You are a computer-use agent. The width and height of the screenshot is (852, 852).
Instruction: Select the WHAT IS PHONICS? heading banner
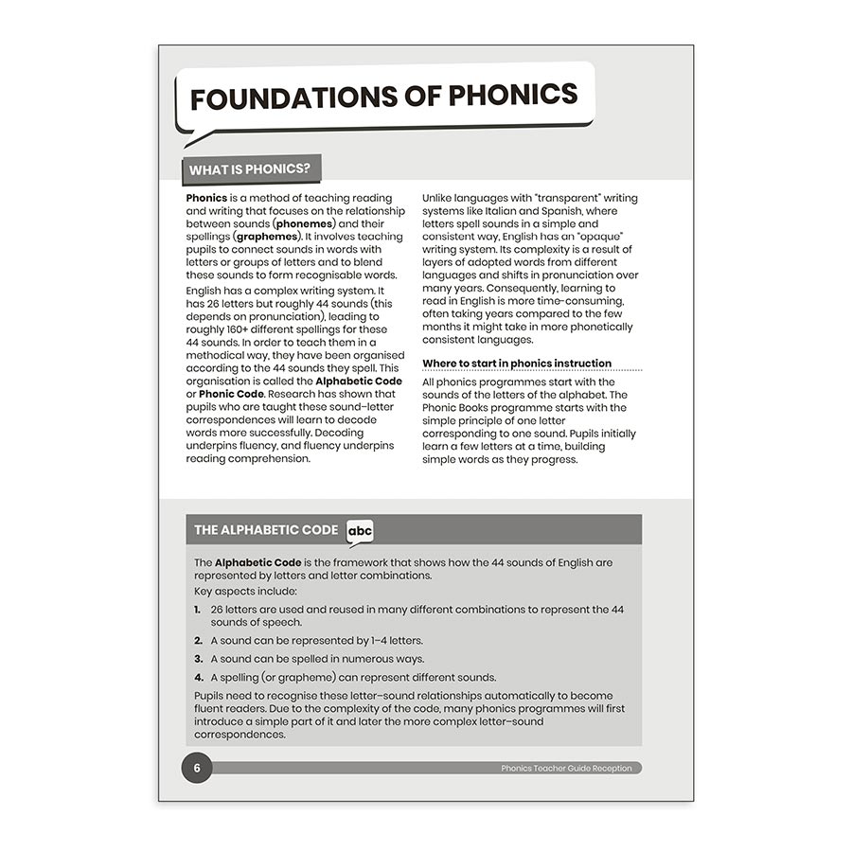tap(250, 170)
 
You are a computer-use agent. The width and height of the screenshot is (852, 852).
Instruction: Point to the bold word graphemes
tap(268, 237)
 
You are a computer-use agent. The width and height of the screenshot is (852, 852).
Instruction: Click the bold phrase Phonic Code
tap(231, 394)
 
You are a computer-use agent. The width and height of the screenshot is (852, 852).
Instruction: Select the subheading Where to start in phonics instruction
tap(517, 364)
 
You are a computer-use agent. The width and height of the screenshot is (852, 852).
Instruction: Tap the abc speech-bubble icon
tap(360, 531)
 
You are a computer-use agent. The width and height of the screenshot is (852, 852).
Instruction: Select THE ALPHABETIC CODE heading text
tap(266, 530)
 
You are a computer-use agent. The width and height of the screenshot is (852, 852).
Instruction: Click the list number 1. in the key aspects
tap(199, 610)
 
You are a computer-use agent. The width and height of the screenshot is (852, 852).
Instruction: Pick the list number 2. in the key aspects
tap(199, 641)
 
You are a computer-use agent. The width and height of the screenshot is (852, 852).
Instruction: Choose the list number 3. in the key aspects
tap(199, 659)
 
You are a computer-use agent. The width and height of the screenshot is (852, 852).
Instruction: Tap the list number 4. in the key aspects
tap(199, 677)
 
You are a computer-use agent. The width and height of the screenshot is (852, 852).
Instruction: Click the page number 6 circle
tap(197, 768)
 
